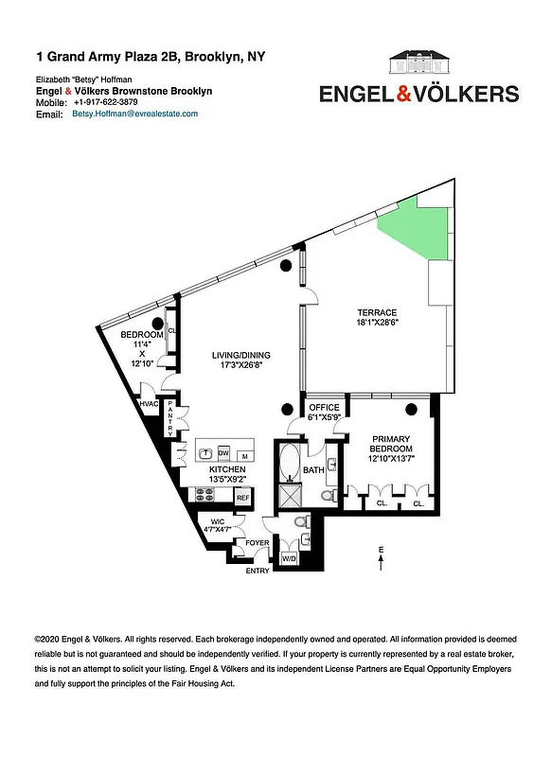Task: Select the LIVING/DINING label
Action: tap(240, 356)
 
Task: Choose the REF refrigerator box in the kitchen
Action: tap(242, 497)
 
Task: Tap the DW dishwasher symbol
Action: tap(224, 451)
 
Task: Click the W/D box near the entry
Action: tap(289, 559)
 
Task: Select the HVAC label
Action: tap(148, 405)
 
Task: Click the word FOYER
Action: tap(258, 543)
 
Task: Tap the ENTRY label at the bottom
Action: tap(258, 571)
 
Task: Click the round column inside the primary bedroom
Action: tap(411, 409)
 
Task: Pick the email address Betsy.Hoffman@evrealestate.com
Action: tap(134, 114)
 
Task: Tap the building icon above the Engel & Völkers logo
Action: tap(418, 65)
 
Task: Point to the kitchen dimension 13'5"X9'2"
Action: tap(227, 481)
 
